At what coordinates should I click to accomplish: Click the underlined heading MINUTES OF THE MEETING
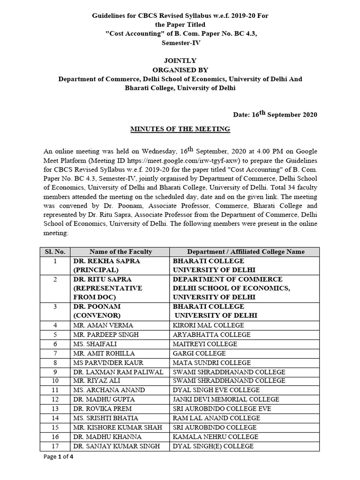tap(180, 129)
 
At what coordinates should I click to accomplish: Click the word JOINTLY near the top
tap(180, 60)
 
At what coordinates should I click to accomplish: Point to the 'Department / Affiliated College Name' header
tap(246, 252)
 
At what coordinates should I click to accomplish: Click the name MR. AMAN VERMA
tap(103, 325)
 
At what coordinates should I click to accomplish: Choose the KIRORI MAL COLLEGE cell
tap(209, 325)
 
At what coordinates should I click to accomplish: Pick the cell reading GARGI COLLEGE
tap(199, 353)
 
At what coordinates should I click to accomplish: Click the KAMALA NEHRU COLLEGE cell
tap(216, 436)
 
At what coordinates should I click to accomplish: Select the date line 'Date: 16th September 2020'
tap(275, 114)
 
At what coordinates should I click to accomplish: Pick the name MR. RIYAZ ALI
tap(97, 381)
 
